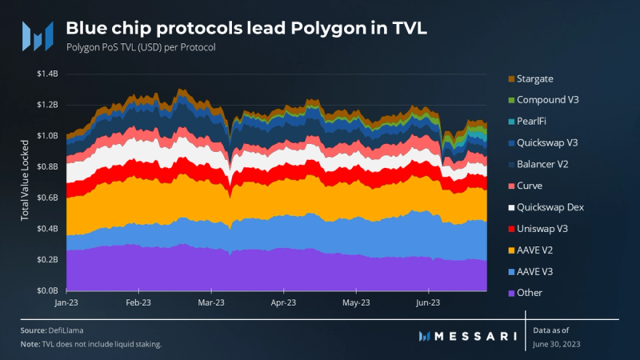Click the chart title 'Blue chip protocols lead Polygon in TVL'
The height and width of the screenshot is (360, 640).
[246, 29]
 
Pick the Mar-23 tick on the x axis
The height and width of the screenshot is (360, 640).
[210, 303]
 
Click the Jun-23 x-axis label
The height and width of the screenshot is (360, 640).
[428, 303]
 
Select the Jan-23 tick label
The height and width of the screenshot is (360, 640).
[66, 303]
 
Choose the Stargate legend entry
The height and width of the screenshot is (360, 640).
[535, 78]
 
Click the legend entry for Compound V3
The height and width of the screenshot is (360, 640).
[547, 100]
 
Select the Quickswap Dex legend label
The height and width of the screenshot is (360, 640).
[550, 207]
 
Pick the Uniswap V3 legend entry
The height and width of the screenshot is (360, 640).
[542, 229]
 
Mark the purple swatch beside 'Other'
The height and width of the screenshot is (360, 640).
[510, 293]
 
